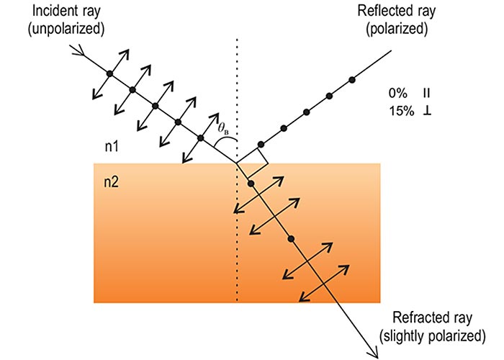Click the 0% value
[x=397, y=94]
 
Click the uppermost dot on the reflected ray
[x=352, y=78]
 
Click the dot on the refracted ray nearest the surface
[x=251, y=184]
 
